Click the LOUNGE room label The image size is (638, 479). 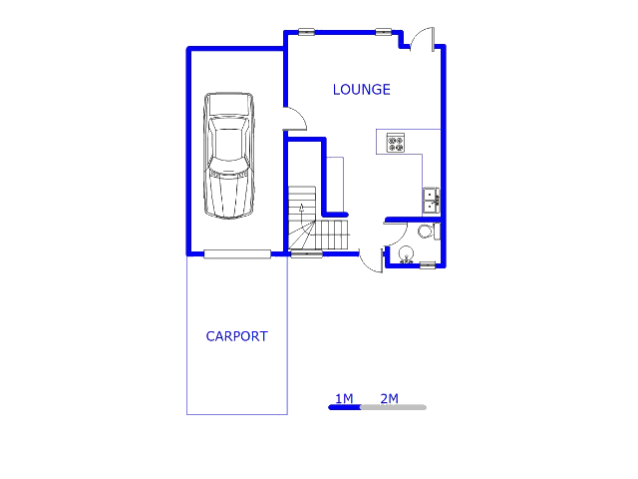[x=361, y=90]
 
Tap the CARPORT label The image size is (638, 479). [x=237, y=336]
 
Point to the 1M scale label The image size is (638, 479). [x=344, y=398]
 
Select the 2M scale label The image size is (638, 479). [x=390, y=398]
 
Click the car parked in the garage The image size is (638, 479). [x=228, y=156]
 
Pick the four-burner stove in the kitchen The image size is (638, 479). [x=395, y=143]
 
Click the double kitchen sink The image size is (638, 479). [x=431, y=201]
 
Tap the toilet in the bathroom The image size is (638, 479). [x=429, y=232]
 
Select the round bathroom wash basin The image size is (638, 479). [x=406, y=254]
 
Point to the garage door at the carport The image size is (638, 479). [x=237, y=254]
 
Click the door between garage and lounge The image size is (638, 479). [x=295, y=119]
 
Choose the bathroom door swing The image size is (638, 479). [x=397, y=236]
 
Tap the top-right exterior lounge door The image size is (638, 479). [x=423, y=39]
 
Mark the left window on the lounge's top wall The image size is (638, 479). [x=306, y=32]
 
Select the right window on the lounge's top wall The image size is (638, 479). [x=383, y=32]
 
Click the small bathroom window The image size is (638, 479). [x=428, y=265]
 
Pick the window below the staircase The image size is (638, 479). [x=306, y=254]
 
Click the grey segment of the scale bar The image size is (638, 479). [x=394, y=407]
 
